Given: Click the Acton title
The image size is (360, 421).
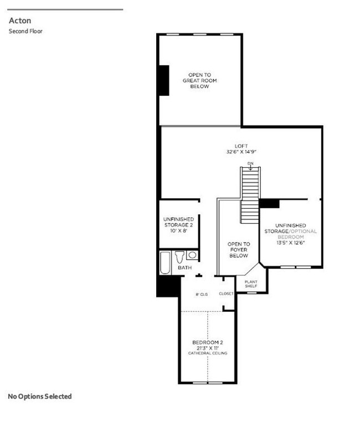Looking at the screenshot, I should coord(19,20).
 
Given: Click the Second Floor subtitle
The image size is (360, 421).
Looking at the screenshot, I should coord(25,31).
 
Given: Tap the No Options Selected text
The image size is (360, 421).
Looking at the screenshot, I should coord(40,396).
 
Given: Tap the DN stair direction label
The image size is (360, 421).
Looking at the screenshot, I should coord(250,163).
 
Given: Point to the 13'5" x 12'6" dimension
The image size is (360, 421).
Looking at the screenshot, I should coord(291,242).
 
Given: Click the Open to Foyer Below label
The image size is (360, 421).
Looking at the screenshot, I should coord(239,250).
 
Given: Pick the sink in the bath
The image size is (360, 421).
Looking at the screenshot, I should coord(192,255).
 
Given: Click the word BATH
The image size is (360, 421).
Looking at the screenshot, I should coord(185,268).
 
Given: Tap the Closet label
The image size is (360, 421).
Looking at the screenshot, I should coord(227,294).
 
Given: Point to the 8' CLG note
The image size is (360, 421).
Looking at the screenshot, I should coord(202,294).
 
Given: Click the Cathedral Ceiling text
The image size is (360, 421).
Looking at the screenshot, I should coord(208,353).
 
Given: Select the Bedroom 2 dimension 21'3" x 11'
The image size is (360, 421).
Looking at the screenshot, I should coord(208,347).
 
